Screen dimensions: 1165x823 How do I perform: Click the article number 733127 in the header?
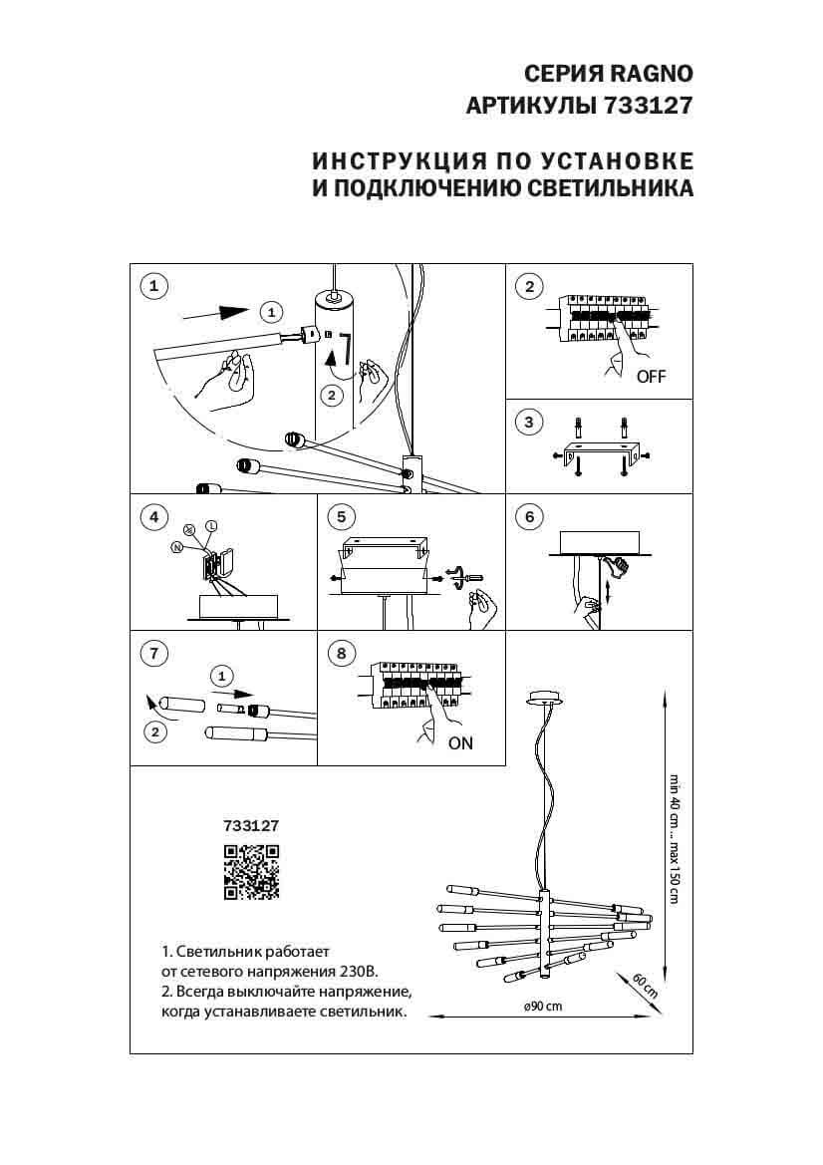(x=648, y=106)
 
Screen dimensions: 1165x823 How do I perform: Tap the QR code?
(x=251, y=872)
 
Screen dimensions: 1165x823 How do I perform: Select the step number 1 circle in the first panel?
(x=153, y=287)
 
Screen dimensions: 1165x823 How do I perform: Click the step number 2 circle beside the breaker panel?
(x=529, y=287)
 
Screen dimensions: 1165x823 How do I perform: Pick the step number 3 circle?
(x=529, y=423)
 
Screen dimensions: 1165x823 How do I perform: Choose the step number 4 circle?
(x=153, y=517)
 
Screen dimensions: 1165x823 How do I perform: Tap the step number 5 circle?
(x=341, y=517)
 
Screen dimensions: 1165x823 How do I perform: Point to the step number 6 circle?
(x=529, y=517)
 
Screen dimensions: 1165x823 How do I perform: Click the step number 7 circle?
(x=153, y=654)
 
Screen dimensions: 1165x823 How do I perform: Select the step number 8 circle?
(x=341, y=654)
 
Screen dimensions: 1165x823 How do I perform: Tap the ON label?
(x=460, y=742)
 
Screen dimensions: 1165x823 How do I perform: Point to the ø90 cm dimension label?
(x=542, y=1006)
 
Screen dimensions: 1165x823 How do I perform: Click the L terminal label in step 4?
(x=211, y=525)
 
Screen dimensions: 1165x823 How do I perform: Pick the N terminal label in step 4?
(x=176, y=547)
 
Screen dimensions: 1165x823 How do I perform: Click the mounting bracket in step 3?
(x=599, y=453)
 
